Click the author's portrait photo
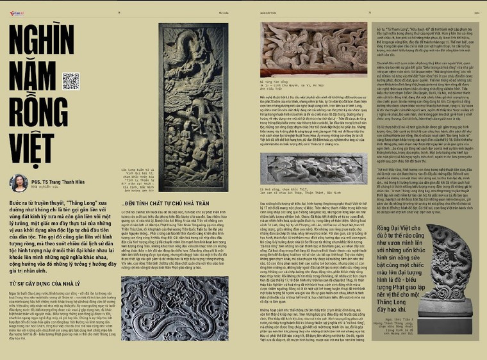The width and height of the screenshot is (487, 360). click(19, 183)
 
